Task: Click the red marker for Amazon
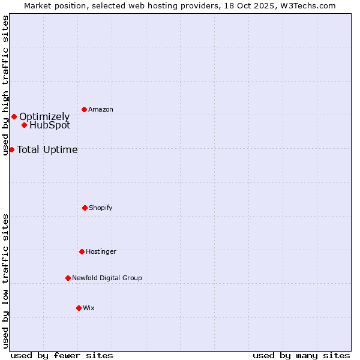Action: click(x=84, y=109)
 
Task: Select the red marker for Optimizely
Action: click(x=14, y=116)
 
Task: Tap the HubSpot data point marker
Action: click(x=24, y=125)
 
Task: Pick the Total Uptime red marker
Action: click(x=11, y=149)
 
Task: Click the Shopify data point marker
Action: click(x=85, y=208)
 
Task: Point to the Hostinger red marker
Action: click(x=82, y=251)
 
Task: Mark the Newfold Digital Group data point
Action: click(x=68, y=278)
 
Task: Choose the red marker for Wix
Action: click(x=79, y=308)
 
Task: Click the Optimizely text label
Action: click(x=44, y=116)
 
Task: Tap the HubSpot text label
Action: click(x=50, y=125)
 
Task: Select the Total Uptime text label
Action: click(x=47, y=149)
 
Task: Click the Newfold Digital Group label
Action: click(x=107, y=278)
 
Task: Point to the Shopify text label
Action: click(x=101, y=208)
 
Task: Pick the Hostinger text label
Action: click(x=101, y=251)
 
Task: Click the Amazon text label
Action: click(x=101, y=109)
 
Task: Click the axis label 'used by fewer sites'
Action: click(x=62, y=355)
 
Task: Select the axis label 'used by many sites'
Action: click(x=301, y=355)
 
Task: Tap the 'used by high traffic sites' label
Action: click(x=6, y=85)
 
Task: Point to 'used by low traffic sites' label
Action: click(x=6, y=280)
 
